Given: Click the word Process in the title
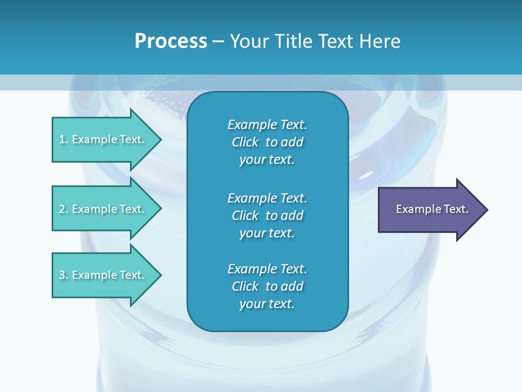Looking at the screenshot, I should click(x=171, y=41).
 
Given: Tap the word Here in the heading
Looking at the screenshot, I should click(x=380, y=41).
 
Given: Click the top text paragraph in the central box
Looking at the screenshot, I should click(x=267, y=142).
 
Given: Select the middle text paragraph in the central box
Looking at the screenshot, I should click(x=267, y=216).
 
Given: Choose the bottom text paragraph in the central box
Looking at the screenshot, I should click(x=267, y=286).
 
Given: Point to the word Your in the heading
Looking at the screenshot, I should click(x=248, y=41).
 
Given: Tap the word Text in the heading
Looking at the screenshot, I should click(x=335, y=41).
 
